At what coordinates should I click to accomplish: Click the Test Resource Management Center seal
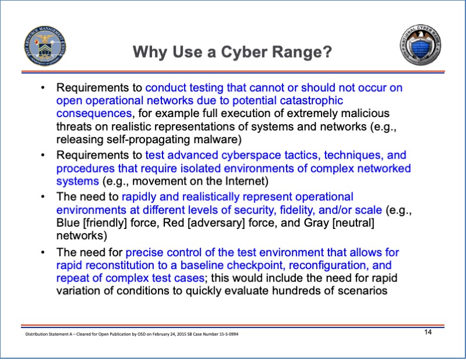coord(45,45)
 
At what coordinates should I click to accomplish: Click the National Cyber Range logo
coord(421,45)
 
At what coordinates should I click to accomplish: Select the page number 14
coord(428,332)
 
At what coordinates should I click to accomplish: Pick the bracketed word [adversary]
coord(216,223)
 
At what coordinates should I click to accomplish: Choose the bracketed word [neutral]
coord(353,223)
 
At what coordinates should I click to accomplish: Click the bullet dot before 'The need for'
coord(43,252)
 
